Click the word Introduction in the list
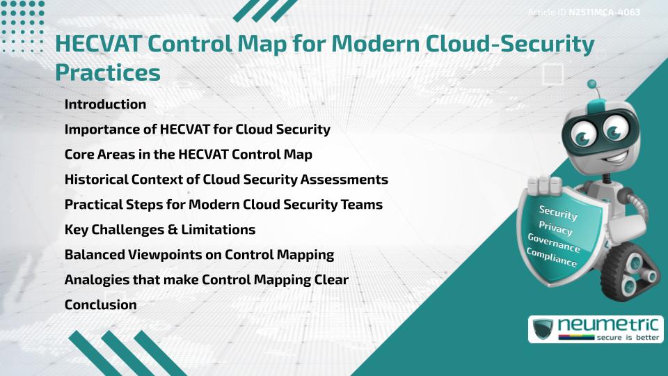tap(105, 104)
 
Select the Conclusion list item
tap(100, 304)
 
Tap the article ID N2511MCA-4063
tap(604, 12)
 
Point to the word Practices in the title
tap(107, 72)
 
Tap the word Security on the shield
tap(558, 213)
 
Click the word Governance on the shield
tap(554, 243)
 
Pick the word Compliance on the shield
tap(552, 258)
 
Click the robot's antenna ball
tap(592, 85)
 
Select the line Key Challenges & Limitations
tap(160, 229)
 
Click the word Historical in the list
tap(95, 179)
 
